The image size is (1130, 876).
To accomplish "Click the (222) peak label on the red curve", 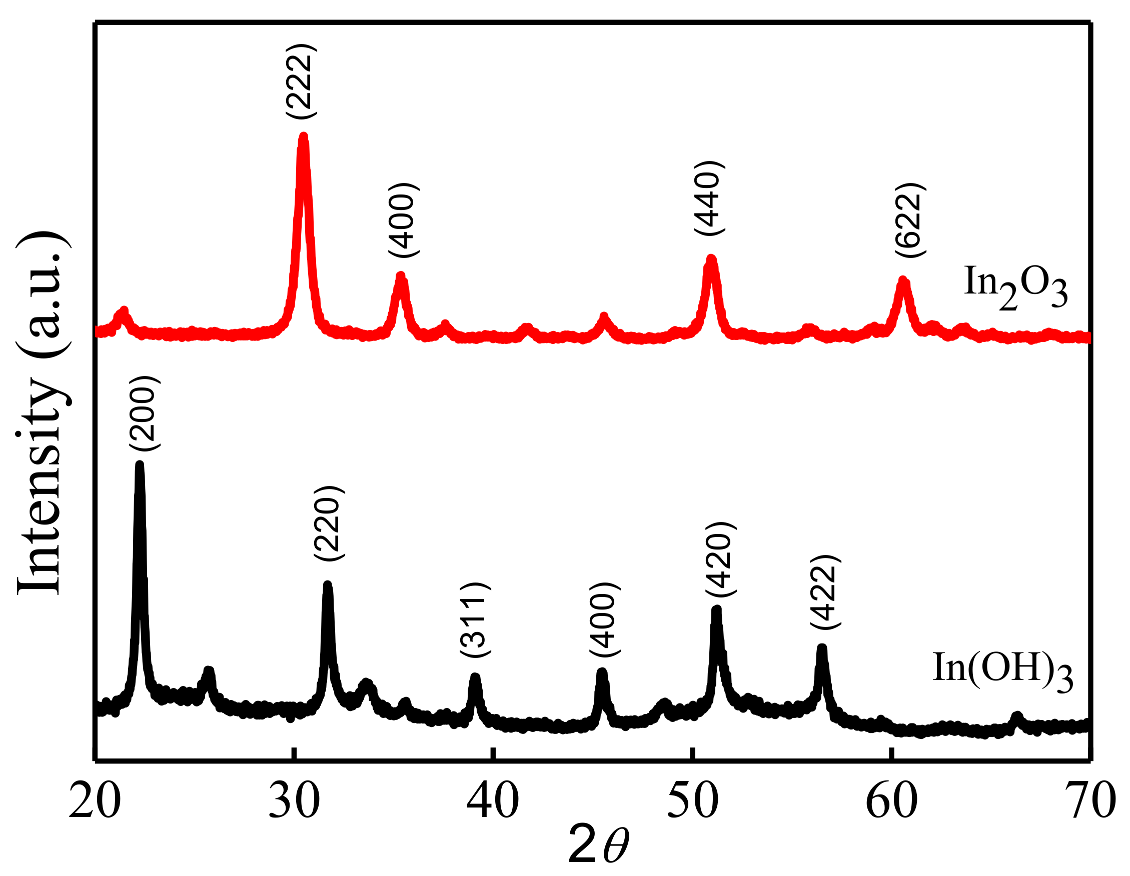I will click(x=301, y=81).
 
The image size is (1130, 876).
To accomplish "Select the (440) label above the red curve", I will click(x=708, y=198).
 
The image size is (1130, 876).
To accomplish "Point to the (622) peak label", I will click(x=909, y=220).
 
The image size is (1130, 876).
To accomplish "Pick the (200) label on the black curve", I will click(x=144, y=413).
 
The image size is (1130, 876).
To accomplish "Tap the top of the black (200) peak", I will click(x=139, y=464).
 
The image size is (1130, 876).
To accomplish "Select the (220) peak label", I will click(x=328, y=523).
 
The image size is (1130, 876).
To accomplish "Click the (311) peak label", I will click(x=474, y=619).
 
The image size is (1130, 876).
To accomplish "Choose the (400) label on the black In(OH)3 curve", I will click(x=604, y=619).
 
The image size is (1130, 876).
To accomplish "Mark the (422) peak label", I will click(x=825, y=592).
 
